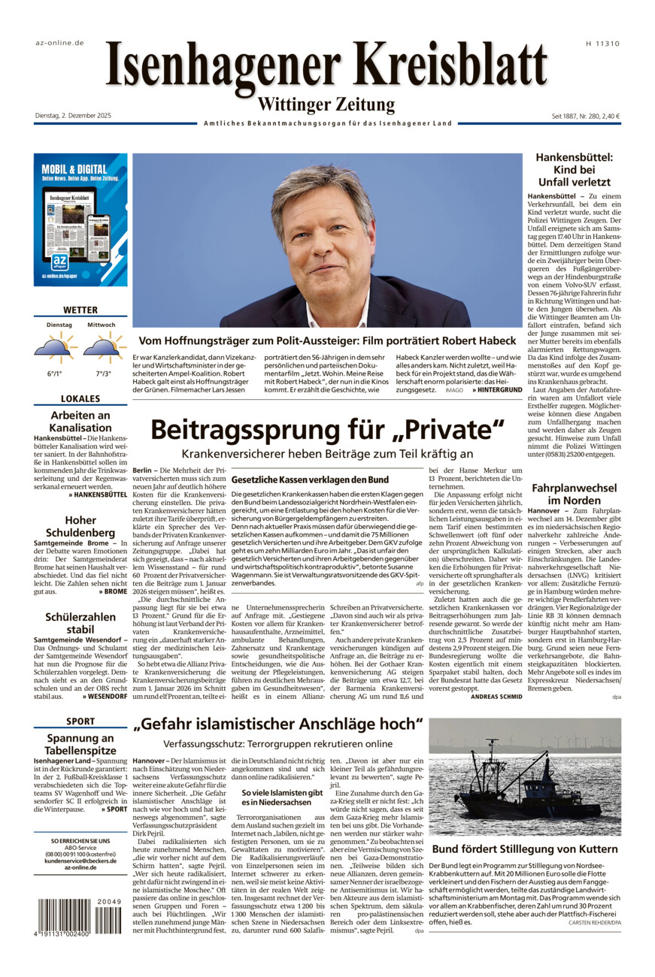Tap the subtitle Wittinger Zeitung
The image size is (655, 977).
click(x=326, y=104)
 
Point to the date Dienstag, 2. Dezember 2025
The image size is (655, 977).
click(x=73, y=116)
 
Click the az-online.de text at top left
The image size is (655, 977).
click(x=59, y=43)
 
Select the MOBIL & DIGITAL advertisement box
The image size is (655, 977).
click(x=80, y=219)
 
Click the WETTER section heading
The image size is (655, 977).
click(x=80, y=310)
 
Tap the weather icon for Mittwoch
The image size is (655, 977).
click(x=102, y=346)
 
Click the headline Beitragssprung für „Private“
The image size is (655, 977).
click(x=326, y=429)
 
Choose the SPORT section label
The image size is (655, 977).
click(x=80, y=721)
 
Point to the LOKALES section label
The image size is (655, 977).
click(x=80, y=399)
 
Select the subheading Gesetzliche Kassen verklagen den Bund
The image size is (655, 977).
click(x=310, y=479)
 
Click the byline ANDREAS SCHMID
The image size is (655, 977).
click(x=496, y=695)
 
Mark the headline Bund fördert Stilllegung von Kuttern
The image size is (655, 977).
click(x=524, y=849)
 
